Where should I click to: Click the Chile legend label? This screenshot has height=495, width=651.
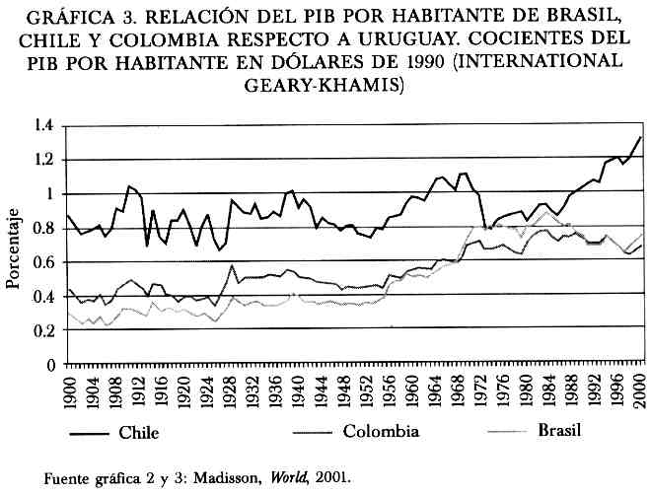138,431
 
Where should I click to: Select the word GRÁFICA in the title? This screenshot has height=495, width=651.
67,21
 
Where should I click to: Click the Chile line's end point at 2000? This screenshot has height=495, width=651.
641,137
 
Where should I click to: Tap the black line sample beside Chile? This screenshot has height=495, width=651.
86,432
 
